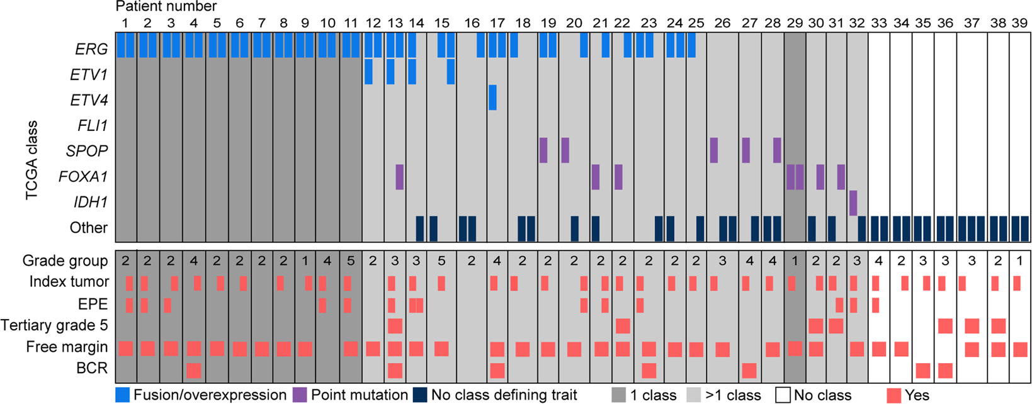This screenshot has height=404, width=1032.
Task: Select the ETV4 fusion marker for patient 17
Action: pyautogui.click(x=492, y=98)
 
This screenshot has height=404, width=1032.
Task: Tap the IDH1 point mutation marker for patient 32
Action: pyautogui.click(x=853, y=203)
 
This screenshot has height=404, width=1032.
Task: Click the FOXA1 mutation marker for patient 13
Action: pyautogui.click(x=399, y=177)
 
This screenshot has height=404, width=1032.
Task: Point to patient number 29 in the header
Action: pyautogui.click(x=795, y=23)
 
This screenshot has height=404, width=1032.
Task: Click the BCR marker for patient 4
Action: pyautogui.click(x=194, y=370)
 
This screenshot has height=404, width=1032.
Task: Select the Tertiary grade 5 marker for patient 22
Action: pyautogui.click(x=623, y=325)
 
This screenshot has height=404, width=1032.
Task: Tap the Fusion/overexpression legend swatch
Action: pyautogui.click(x=122, y=395)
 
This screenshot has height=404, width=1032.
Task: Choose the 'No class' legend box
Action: pyautogui.click(x=783, y=395)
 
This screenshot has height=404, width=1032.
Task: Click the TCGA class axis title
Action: pyautogui.click(x=32, y=160)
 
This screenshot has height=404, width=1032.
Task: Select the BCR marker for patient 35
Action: pyautogui.click(x=923, y=370)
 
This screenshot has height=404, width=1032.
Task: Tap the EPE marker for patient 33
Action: pyautogui.click(x=875, y=305)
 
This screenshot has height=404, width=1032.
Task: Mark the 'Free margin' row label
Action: pyautogui.click(x=67, y=347)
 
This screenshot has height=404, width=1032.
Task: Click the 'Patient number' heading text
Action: pyautogui.click(x=166, y=7)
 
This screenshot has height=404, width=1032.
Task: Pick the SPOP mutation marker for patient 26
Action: pyautogui.click(x=713, y=150)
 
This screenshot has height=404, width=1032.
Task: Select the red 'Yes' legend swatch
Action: pyautogui.click(x=893, y=395)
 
